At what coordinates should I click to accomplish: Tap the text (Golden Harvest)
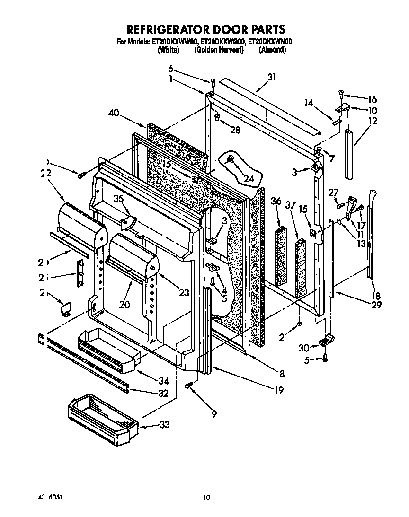218,49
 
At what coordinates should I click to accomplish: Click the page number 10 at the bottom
205,497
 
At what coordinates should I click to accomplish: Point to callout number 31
272,78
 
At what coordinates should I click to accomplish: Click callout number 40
113,113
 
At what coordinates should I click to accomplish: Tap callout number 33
164,425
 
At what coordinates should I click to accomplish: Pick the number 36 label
276,202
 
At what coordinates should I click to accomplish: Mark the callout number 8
282,374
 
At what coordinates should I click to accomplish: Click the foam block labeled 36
281,255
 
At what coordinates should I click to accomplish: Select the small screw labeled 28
217,116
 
